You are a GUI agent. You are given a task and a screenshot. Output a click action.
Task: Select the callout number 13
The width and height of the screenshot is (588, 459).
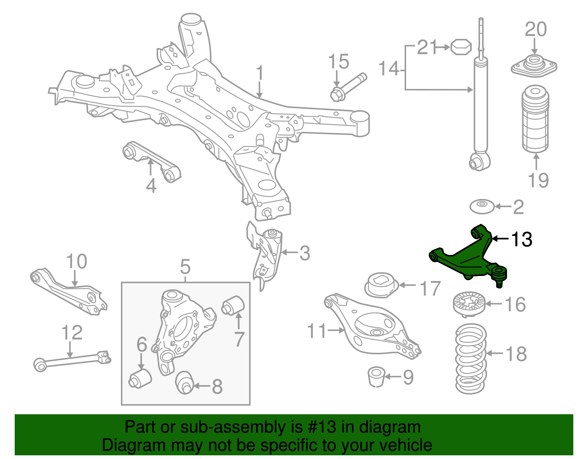[521, 239]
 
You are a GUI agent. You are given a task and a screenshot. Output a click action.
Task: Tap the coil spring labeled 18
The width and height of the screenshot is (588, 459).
[471, 358]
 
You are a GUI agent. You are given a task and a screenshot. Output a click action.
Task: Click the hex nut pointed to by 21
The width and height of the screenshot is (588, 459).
[460, 47]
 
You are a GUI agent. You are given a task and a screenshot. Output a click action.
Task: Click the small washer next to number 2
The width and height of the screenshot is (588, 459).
[482, 207]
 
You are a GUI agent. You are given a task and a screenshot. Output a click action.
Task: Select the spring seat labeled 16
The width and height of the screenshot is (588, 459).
[468, 303]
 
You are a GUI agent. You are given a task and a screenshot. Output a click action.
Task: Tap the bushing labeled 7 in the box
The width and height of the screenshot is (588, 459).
[233, 305]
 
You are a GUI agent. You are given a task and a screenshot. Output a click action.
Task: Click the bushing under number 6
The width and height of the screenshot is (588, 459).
[140, 379]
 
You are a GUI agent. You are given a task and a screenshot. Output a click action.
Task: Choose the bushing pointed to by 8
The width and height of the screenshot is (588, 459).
[184, 383]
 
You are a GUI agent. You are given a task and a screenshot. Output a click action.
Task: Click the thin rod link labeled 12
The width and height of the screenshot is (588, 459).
[72, 360]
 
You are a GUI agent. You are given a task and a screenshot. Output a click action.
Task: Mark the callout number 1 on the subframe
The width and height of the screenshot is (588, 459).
[260, 73]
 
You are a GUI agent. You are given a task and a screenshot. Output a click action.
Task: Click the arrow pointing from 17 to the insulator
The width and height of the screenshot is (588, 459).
[408, 285]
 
